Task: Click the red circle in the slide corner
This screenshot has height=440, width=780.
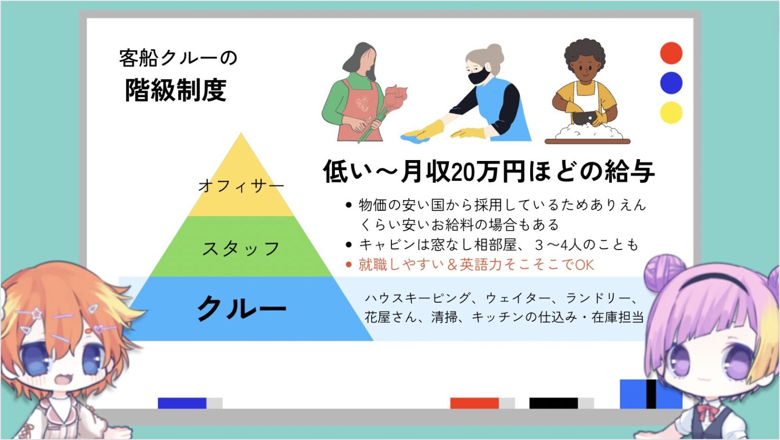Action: click(671, 53)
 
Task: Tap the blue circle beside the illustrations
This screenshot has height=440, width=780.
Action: click(671, 83)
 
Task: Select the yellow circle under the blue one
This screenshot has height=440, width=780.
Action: click(671, 112)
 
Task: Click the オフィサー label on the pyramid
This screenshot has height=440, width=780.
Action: click(241, 185)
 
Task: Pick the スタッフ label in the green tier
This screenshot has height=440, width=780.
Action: click(241, 249)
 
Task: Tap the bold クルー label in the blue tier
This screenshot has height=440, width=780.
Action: click(242, 308)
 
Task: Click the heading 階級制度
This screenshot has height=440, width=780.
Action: click(176, 90)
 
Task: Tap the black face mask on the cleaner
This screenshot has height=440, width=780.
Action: click(479, 77)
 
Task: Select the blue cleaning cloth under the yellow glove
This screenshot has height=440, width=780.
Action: click(414, 138)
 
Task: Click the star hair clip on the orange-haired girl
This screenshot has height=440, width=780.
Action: click(36, 313)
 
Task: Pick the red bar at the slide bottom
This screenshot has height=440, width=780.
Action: click(474, 403)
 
